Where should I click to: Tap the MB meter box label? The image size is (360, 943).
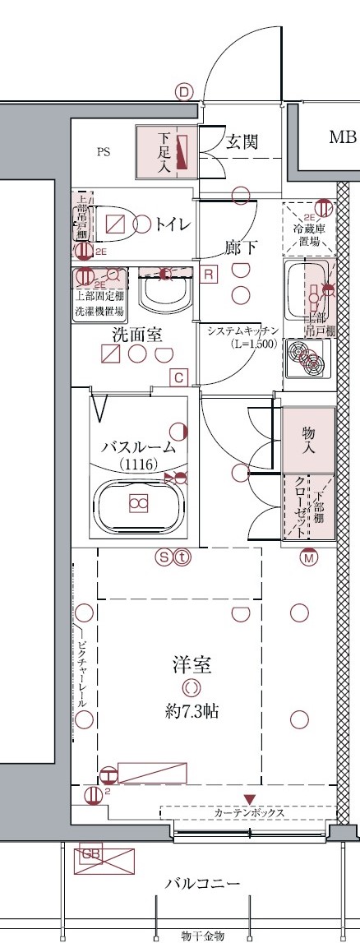click(342, 136)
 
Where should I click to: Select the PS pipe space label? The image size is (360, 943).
click(103, 152)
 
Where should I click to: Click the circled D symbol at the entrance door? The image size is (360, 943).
click(183, 93)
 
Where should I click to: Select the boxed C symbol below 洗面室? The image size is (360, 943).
click(178, 377)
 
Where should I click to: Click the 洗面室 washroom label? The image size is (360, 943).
click(136, 335)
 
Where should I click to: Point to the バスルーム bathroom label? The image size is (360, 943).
click(139, 448)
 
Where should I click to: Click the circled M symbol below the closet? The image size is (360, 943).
click(308, 557)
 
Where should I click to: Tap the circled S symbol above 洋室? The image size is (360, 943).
click(164, 557)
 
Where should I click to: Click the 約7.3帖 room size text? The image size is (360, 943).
click(191, 710)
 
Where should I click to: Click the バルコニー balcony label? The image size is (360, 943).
click(201, 885)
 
